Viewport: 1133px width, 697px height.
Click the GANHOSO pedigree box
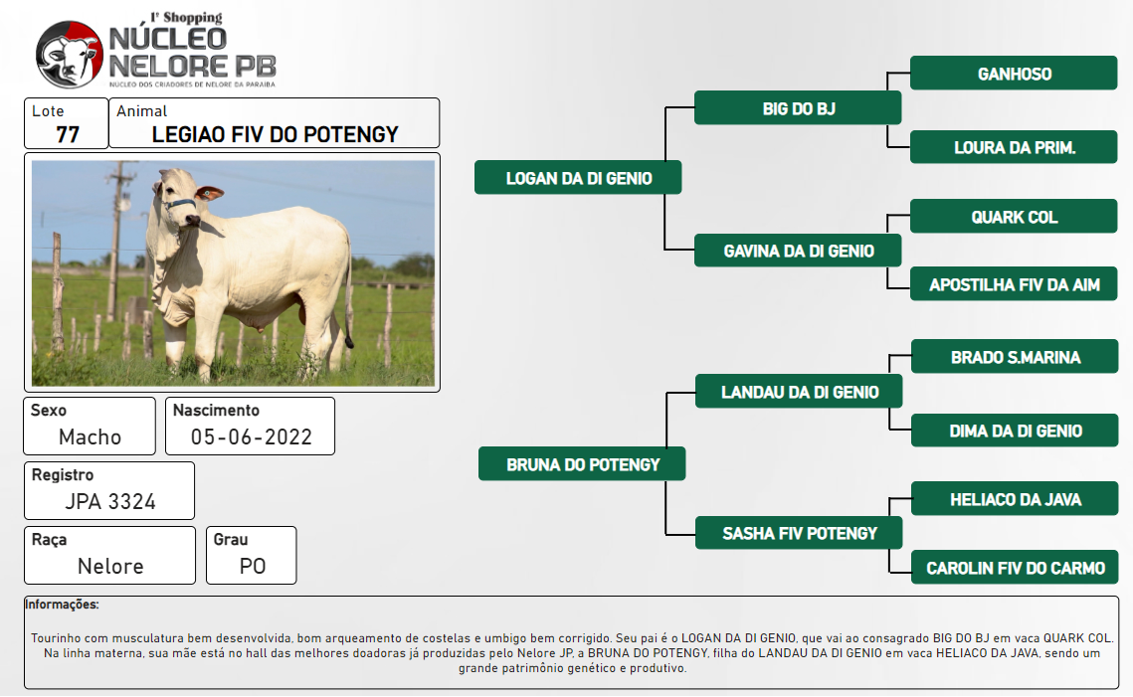(1014, 73)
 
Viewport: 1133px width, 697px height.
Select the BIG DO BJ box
(798, 108)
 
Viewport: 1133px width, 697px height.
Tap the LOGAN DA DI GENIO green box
(578, 178)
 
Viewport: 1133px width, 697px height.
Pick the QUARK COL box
(1014, 216)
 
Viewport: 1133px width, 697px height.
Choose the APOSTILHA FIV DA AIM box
(1014, 283)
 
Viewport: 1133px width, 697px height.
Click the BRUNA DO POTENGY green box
(582, 463)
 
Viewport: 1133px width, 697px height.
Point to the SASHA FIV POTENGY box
(799, 533)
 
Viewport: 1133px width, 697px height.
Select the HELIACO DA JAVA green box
(1016, 498)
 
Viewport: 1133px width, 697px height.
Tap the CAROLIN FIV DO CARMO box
(1016, 567)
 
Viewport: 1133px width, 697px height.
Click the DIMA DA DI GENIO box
(1016, 431)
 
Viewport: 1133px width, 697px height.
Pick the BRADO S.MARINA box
(1016, 357)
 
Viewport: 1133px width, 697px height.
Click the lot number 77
(68, 134)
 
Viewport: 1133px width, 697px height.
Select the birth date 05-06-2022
(252, 436)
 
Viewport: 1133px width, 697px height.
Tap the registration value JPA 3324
(110, 501)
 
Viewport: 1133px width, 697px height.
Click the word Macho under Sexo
(90, 436)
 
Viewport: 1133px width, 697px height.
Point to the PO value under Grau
(253, 567)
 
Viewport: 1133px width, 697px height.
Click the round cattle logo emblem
(70, 54)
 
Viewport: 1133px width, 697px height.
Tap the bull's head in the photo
(182, 199)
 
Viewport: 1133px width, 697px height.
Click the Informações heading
(62, 605)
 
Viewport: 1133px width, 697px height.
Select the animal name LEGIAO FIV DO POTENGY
(275, 134)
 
